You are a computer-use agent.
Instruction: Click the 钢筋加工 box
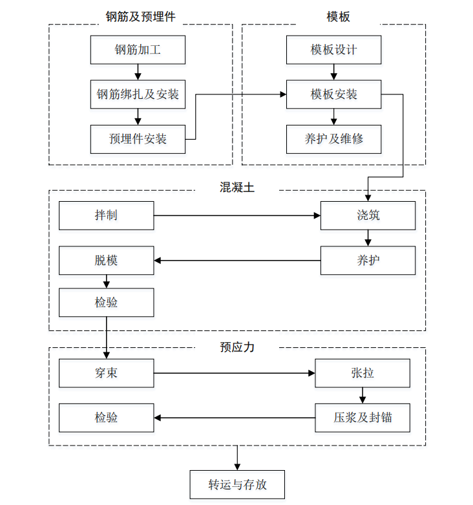(138, 50)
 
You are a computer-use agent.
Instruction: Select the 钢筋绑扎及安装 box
(138, 94)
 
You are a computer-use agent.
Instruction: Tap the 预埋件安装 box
(138, 138)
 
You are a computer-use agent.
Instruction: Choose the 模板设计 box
(334, 50)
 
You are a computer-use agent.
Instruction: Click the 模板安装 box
(334, 94)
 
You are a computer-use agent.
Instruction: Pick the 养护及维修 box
(334, 138)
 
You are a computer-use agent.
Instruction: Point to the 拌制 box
(107, 215)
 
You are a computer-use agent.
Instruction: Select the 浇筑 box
(368, 215)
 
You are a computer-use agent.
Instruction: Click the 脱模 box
(107, 261)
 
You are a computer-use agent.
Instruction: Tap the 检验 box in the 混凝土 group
(107, 302)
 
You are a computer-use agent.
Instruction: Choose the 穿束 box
(107, 373)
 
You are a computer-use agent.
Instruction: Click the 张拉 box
(363, 373)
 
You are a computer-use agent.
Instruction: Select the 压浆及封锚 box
(363, 418)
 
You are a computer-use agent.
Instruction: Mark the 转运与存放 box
(237, 485)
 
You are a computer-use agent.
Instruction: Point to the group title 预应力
(237, 347)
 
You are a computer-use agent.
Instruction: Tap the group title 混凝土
(237, 188)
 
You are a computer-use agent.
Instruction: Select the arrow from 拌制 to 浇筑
(237, 215)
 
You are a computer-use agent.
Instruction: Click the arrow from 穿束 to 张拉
(234, 373)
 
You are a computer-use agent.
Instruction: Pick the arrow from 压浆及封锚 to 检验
(234, 418)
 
